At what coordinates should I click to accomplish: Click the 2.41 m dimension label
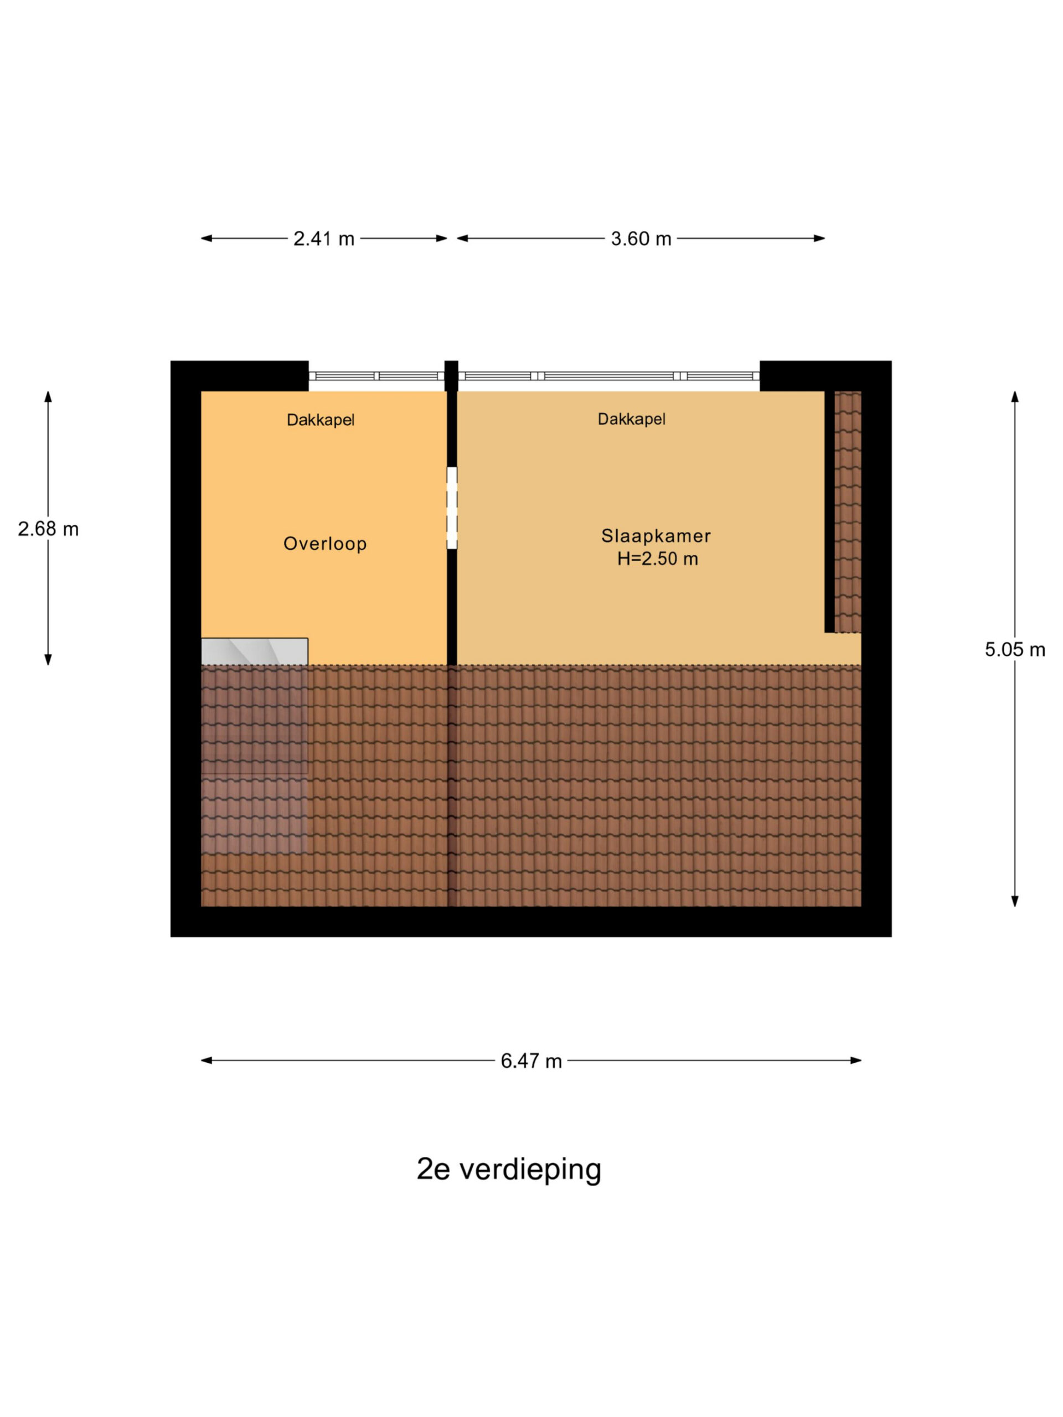click(323, 239)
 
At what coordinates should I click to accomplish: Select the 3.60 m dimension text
click(641, 239)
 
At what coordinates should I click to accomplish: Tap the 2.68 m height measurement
click(48, 529)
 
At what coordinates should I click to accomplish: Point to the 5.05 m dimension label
click(1015, 650)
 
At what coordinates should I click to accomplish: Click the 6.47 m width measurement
click(531, 1062)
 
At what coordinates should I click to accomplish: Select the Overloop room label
click(325, 544)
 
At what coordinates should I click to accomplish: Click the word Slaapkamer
click(656, 536)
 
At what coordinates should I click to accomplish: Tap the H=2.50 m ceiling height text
click(657, 558)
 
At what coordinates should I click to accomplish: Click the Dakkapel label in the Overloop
click(321, 420)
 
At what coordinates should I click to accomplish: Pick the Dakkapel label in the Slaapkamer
click(631, 420)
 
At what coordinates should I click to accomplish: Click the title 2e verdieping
click(509, 1169)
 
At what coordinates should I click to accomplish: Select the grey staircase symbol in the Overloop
click(254, 651)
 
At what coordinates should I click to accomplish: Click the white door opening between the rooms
click(452, 508)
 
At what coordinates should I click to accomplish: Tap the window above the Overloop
click(377, 376)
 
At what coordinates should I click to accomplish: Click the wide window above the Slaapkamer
click(608, 376)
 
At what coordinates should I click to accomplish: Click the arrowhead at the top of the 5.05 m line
click(1015, 396)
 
